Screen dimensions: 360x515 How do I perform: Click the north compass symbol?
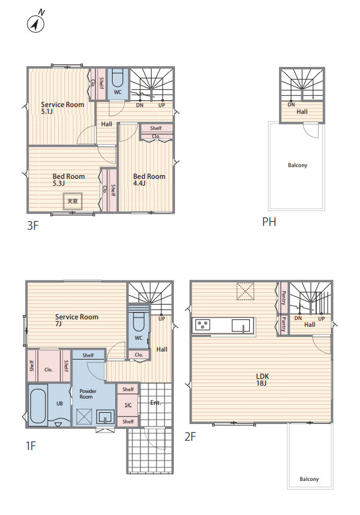[36, 23]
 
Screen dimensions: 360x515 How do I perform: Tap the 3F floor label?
[33, 226]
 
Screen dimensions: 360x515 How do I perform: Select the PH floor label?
[269, 222]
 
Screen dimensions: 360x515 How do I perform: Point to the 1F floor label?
[30, 446]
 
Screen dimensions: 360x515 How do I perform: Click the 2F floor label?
[190, 436]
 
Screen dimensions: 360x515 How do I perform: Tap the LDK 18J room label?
[262, 379]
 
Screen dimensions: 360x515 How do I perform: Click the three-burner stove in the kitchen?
[202, 325]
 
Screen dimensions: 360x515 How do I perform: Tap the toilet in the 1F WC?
[139, 321]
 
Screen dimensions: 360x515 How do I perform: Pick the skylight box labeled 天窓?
[72, 201]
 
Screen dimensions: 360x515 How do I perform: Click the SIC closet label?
[128, 405]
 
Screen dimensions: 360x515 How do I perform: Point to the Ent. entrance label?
[155, 403]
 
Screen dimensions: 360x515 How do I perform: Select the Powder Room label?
[88, 394]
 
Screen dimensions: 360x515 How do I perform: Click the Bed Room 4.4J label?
[149, 180]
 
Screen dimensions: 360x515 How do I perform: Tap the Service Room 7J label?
[77, 320]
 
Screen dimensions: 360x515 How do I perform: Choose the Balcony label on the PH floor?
[298, 165]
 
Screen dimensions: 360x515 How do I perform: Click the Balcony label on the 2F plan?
[309, 479]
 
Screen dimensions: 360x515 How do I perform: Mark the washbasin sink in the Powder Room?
[105, 417]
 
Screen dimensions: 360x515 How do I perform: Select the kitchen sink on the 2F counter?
[242, 326]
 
